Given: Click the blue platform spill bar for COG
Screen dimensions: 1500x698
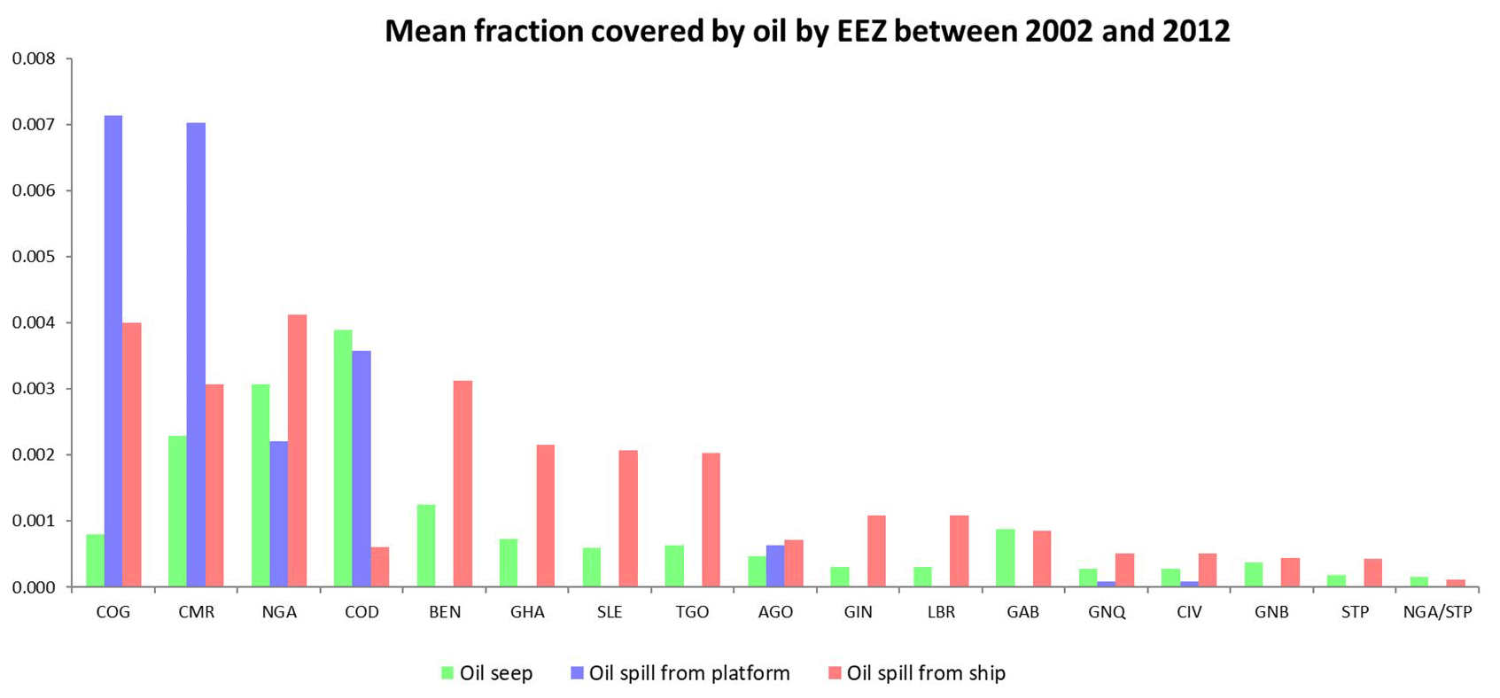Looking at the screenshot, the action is click(113, 352).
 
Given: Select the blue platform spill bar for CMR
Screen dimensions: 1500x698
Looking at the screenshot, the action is click(196, 354).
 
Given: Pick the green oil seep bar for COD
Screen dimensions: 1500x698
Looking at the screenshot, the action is click(343, 459).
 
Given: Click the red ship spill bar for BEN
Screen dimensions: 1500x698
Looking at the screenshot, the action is click(462, 484).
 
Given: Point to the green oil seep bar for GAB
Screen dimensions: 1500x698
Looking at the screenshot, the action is click(1005, 558).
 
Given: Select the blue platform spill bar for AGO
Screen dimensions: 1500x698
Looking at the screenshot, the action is click(775, 566).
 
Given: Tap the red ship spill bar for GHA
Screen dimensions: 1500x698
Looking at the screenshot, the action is click(545, 516).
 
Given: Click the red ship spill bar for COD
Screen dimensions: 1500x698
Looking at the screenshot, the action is click(380, 567).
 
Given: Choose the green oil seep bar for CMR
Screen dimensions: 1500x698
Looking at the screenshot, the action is click(177, 511).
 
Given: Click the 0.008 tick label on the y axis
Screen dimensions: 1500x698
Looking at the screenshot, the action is click(34, 58).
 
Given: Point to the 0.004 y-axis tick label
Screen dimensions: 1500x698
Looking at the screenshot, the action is click(34, 323).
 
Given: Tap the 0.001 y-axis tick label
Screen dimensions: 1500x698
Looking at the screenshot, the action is click(34, 522).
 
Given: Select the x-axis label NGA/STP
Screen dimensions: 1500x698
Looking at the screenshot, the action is click(1438, 612).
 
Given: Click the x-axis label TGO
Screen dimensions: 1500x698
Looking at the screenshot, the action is click(693, 612).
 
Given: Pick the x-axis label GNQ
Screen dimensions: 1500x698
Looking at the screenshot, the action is click(1107, 612).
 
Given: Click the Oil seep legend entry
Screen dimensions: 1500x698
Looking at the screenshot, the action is click(486, 673).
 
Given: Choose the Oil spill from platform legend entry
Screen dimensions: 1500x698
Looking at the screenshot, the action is click(680, 673).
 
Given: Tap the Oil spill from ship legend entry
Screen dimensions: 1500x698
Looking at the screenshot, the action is click(917, 673).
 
